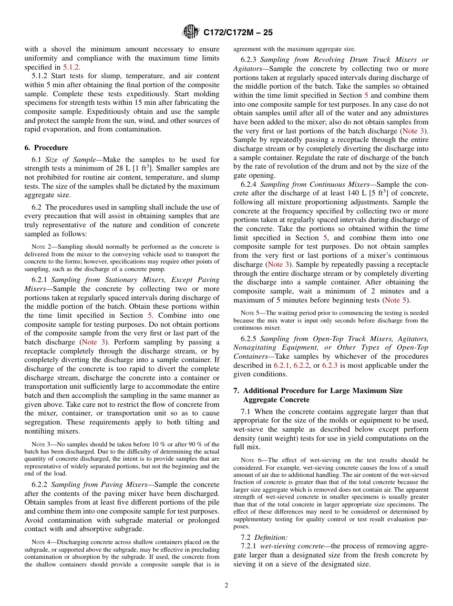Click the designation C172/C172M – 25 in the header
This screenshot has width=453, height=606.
(238, 33)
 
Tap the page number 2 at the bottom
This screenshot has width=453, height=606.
(226, 586)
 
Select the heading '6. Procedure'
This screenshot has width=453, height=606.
(46, 148)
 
